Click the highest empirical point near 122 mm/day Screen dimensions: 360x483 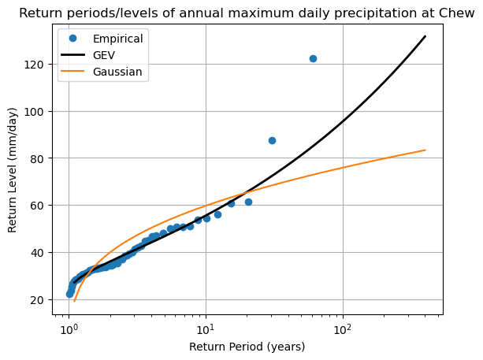click(x=313, y=58)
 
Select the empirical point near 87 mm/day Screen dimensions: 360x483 click(x=272, y=140)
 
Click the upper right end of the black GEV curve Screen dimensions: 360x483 click(x=425, y=36)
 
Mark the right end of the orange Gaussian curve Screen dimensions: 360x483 click(x=425, y=150)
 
